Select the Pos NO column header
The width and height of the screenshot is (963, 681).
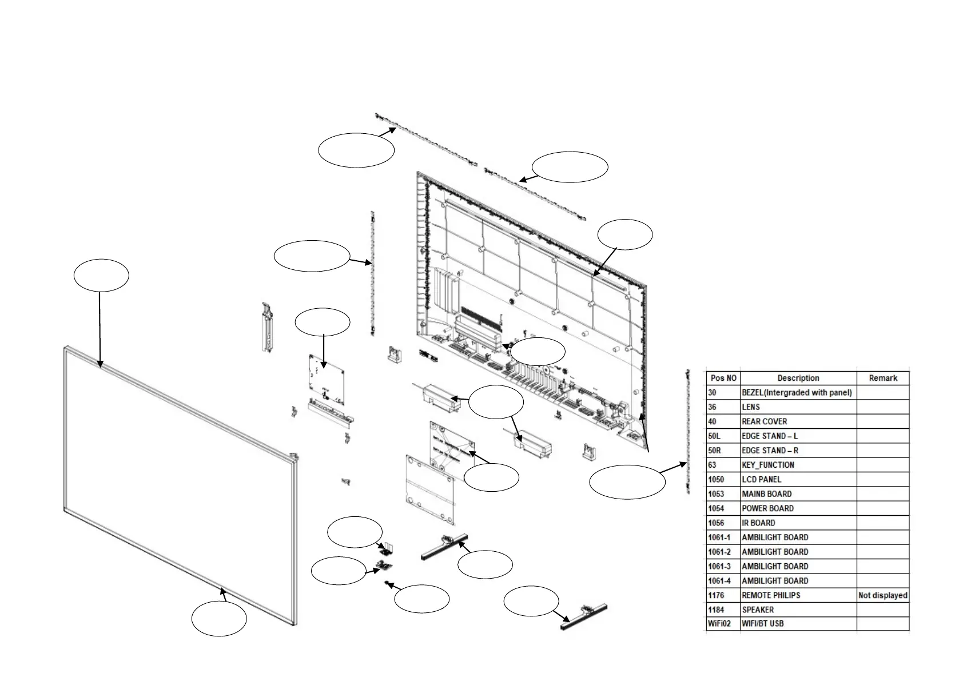[x=723, y=378]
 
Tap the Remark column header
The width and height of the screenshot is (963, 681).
[x=882, y=378]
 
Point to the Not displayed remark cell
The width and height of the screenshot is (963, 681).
[x=882, y=595]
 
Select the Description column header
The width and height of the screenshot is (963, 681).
[x=798, y=378]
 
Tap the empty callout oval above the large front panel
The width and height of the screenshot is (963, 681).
[x=101, y=276]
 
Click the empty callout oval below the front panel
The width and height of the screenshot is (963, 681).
[x=219, y=620]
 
